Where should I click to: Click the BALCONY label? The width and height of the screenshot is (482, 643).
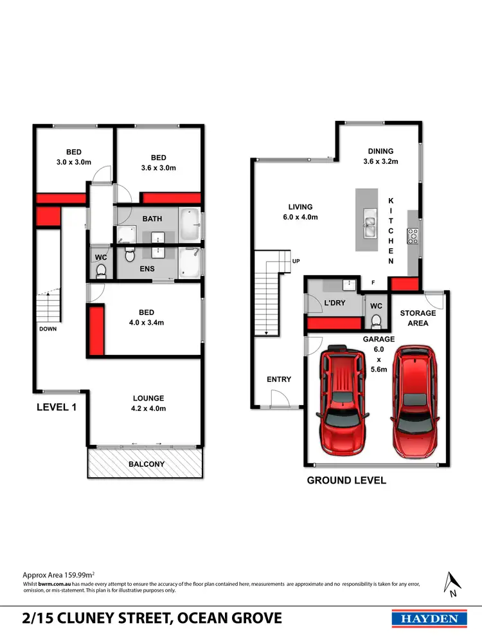click(147, 464)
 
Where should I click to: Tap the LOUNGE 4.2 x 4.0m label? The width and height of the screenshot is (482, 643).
click(148, 403)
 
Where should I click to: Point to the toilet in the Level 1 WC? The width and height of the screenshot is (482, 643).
click(100, 273)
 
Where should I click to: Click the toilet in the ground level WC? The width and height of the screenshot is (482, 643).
click(377, 320)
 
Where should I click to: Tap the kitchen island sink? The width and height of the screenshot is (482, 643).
click(370, 222)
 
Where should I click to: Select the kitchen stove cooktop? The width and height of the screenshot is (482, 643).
click(413, 236)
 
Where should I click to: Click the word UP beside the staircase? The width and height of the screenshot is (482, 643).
click(296, 261)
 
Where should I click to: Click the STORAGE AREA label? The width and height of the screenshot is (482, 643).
click(418, 318)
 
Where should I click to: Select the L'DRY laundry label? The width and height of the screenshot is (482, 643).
click(335, 302)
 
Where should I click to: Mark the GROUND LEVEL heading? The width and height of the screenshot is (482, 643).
click(346, 480)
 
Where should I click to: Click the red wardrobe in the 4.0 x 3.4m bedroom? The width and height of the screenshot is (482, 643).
click(96, 330)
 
